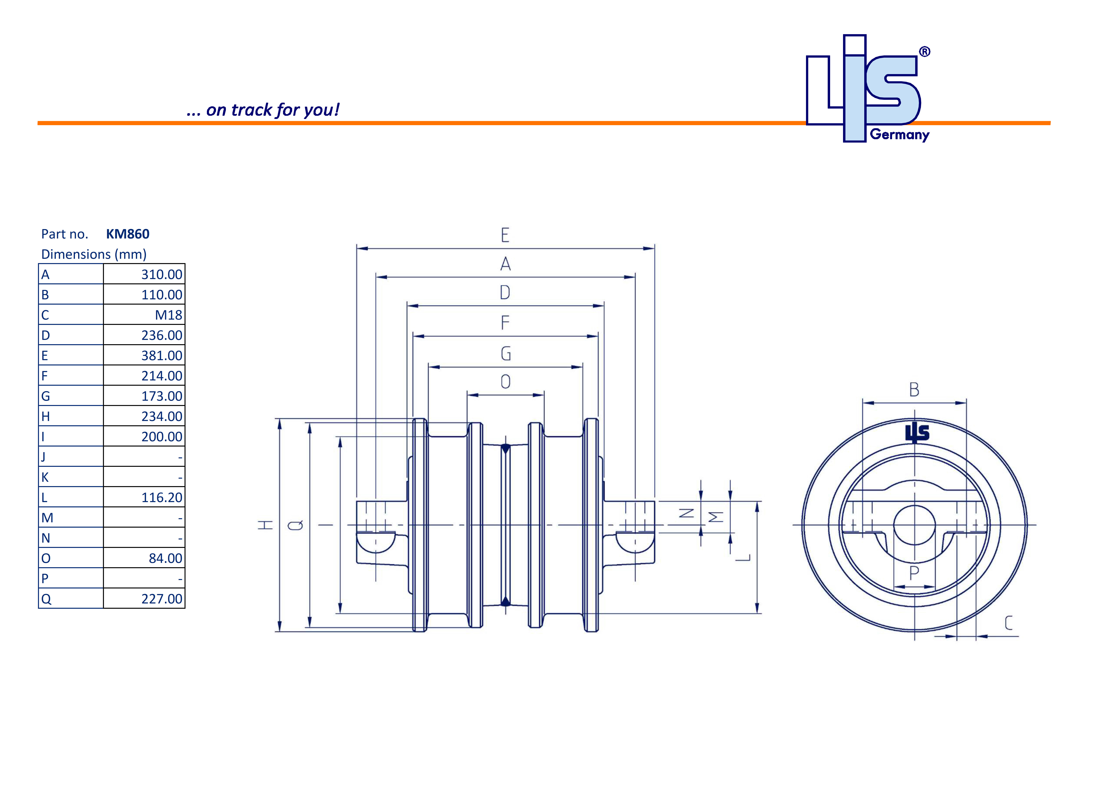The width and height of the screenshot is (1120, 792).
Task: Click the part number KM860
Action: [x=128, y=234]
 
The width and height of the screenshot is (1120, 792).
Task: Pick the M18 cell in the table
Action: [x=168, y=315]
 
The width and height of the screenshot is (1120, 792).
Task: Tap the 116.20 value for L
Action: [x=161, y=498]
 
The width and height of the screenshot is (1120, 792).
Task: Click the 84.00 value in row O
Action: [x=165, y=558]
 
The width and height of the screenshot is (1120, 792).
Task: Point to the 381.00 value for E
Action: [x=161, y=356]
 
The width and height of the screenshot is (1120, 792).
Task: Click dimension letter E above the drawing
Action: [x=505, y=235]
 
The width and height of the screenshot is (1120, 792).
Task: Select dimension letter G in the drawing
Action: [x=506, y=354]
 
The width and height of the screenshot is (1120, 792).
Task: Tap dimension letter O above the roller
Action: [x=506, y=382]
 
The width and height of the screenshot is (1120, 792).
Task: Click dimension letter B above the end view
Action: [x=914, y=390]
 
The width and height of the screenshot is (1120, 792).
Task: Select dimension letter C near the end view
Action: [x=1008, y=623]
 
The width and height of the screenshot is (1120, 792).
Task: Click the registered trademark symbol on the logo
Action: [x=924, y=52]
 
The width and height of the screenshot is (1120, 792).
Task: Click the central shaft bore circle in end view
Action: [x=914, y=525]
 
